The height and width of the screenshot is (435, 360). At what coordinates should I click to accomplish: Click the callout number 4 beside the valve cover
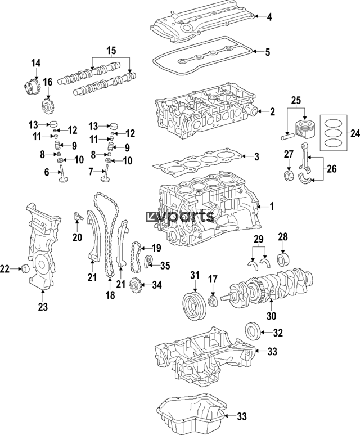tap(269, 17)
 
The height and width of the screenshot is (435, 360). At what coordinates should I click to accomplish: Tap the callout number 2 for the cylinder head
tap(272, 111)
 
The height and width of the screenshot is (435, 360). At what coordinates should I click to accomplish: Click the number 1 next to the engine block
tap(271, 207)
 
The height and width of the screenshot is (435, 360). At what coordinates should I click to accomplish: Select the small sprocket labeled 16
tap(47, 106)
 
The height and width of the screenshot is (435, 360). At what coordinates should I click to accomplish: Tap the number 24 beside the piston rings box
tap(354, 133)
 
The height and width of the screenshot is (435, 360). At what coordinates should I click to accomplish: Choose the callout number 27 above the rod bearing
tap(289, 155)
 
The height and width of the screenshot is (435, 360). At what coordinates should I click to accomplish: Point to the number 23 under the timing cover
tap(43, 307)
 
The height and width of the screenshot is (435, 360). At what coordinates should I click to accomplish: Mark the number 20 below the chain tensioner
tap(77, 237)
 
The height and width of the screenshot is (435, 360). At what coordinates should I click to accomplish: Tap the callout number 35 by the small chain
tap(165, 265)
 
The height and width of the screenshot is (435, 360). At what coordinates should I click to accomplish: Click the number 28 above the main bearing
tap(283, 236)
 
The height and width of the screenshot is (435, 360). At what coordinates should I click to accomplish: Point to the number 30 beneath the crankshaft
tap(272, 316)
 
